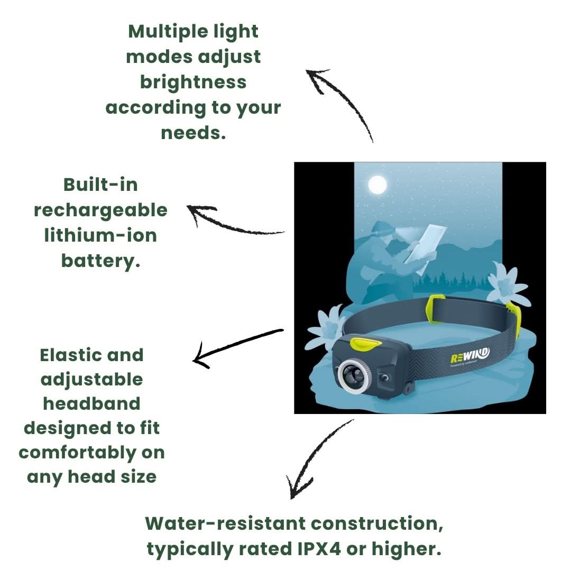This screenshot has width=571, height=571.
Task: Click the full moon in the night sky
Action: [x=377, y=185]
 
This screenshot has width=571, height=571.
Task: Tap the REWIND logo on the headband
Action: [x=469, y=355]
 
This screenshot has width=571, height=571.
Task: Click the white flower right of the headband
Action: [x=506, y=285]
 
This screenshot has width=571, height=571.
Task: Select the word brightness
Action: [x=193, y=82]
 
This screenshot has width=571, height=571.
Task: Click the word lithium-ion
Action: [x=100, y=235]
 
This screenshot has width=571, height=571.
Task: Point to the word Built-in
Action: [x=100, y=185]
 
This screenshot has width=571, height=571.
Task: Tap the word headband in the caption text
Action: [x=91, y=403]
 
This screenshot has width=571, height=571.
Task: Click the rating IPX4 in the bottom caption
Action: [x=320, y=549]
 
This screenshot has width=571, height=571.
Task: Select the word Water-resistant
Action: [x=225, y=523]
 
